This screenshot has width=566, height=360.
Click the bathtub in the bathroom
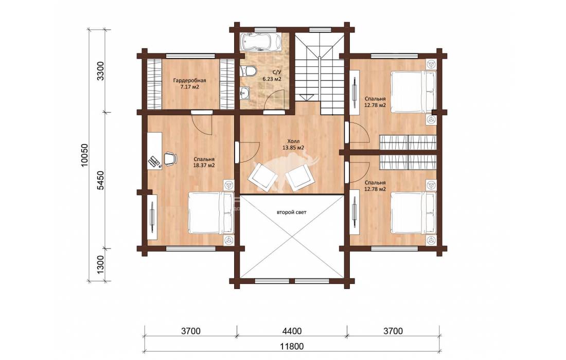(260, 42)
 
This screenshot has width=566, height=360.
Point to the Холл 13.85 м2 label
(293, 145)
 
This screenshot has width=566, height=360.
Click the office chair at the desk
(170, 158)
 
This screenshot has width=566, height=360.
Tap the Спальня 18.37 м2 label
(204, 163)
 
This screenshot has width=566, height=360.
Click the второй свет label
(291, 212)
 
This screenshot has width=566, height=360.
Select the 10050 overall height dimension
(84, 155)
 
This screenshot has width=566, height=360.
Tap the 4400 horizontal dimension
(292, 331)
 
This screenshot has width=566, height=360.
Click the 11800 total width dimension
(292, 347)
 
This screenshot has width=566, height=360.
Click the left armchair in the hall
(262, 176)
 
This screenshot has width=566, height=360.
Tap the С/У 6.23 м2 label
(272, 76)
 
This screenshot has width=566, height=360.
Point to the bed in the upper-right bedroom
(414, 91)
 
